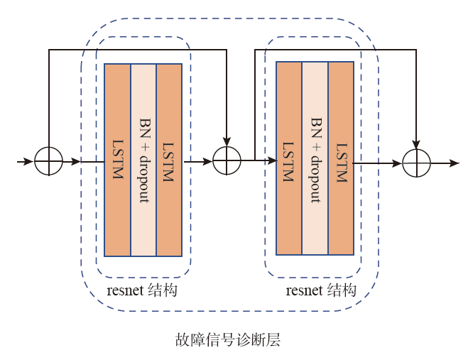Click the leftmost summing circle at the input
pyautogui.click(x=48, y=162)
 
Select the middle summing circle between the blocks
pyautogui.click(x=227, y=162)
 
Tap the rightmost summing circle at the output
pyautogui.click(x=417, y=163)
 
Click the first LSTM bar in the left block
pyautogui.click(x=117, y=160)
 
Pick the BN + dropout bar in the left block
pyautogui.click(x=143, y=160)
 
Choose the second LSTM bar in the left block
pyautogui.click(x=169, y=160)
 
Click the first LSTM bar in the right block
pyautogui.click(x=289, y=158)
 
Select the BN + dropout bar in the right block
pyautogui.click(x=315, y=158)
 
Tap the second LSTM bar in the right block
pyautogui.click(x=341, y=158)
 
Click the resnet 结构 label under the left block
pyautogui.click(x=142, y=291)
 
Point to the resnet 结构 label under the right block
pyautogui.click(x=321, y=291)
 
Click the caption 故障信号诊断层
pyautogui.click(x=228, y=339)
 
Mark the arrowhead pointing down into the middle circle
pyautogui.click(x=227, y=141)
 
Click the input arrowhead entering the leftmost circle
pyautogui.click(x=28, y=162)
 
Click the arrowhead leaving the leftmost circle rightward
pyautogui.click(x=76, y=162)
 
